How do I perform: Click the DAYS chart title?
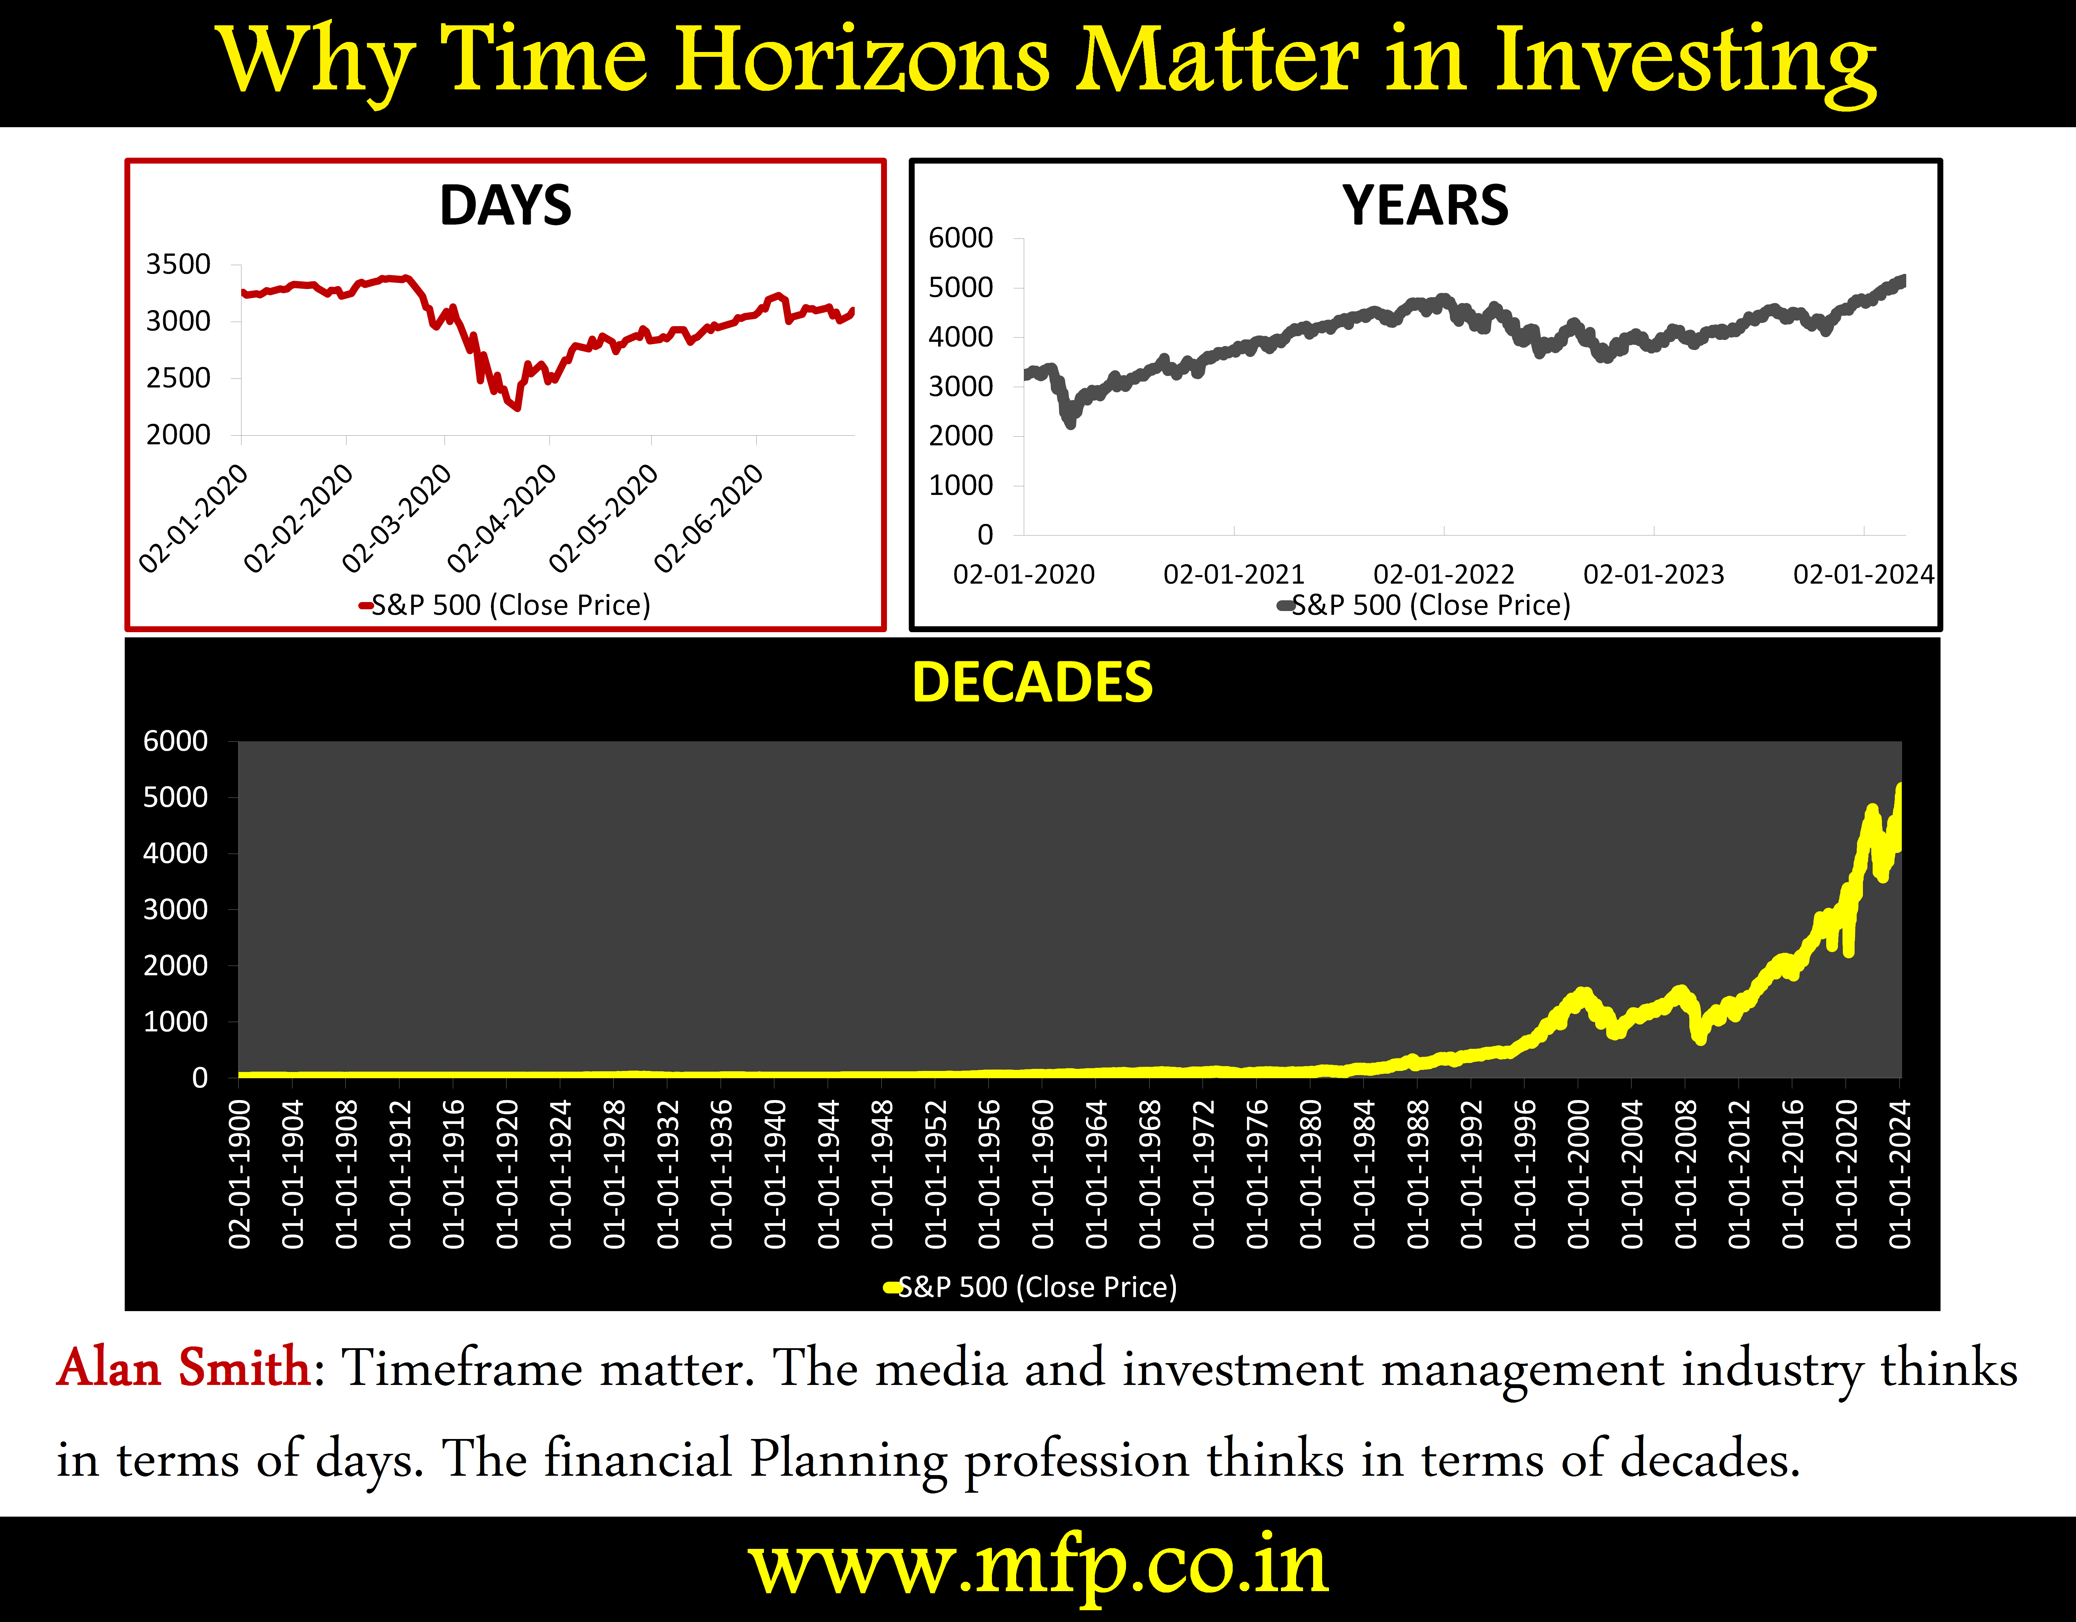pos(506,206)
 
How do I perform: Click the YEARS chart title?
pos(1425,206)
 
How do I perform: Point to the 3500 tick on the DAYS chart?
pos(178,264)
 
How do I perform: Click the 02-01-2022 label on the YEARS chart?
pos(1444,574)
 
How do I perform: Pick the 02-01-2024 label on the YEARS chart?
pos(1863,574)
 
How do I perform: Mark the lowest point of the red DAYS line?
pos(516,408)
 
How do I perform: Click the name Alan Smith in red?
pos(184,1368)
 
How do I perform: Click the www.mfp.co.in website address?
pos(1038,1565)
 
